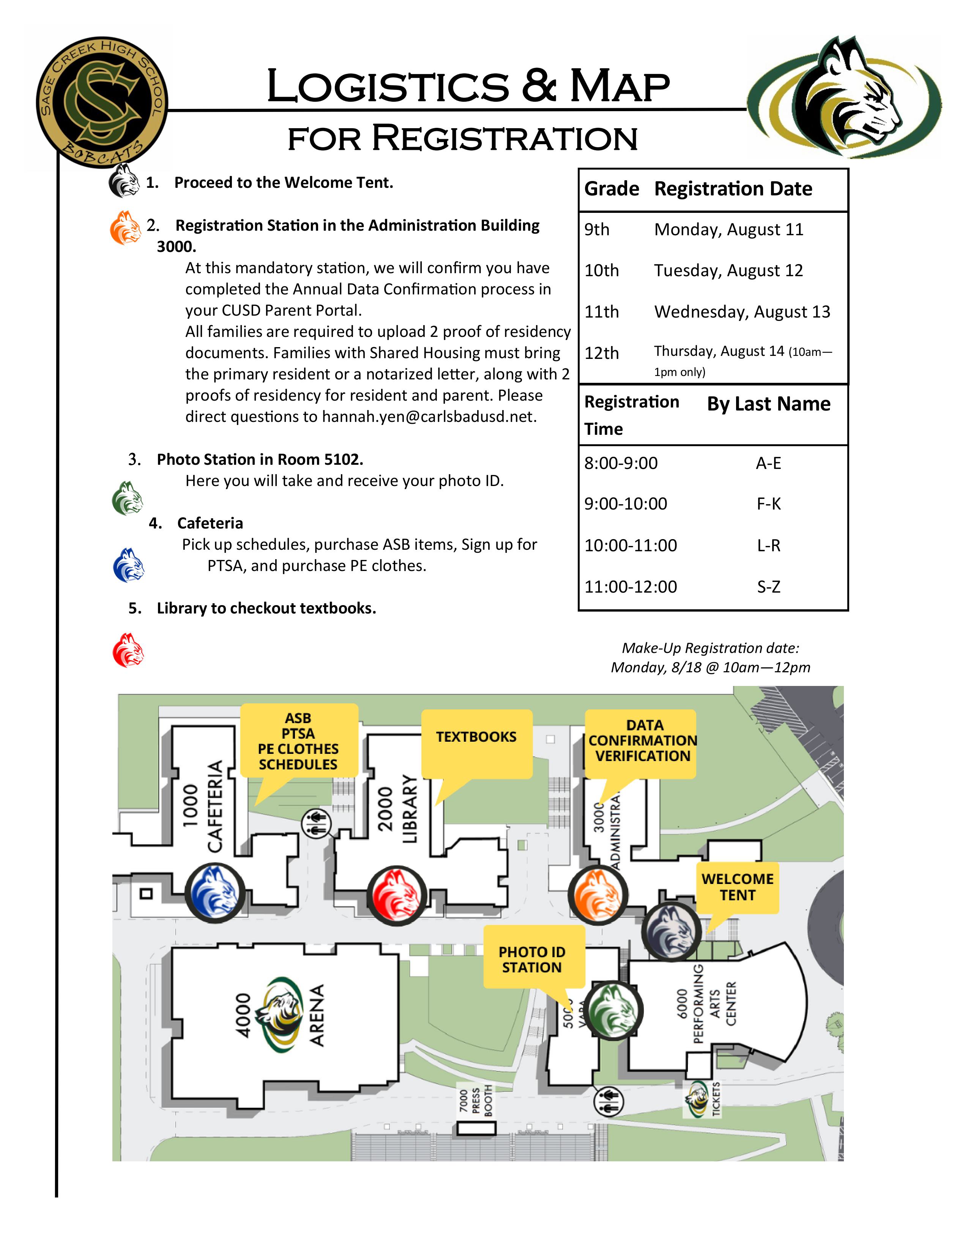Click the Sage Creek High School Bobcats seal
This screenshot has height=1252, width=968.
[x=101, y=103]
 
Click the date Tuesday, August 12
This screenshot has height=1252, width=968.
[x=728, y=271]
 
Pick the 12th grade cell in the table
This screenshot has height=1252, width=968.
[x=602, y=353]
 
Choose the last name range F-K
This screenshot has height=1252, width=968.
[x=768, y=504]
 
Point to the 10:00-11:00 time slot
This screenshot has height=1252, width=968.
[x=630, y=545]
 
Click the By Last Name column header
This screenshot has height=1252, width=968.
[x=768, y=404]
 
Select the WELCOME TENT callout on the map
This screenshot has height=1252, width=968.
[x=738, y=887]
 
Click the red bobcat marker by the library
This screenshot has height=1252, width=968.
[x=397, y=896]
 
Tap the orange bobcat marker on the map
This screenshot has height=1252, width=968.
[x=598, y=894]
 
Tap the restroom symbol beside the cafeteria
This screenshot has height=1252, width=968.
[x=317, y=824]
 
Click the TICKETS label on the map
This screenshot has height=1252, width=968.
[x=715, y=1099]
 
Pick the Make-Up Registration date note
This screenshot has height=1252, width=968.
[x=711, y=657]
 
